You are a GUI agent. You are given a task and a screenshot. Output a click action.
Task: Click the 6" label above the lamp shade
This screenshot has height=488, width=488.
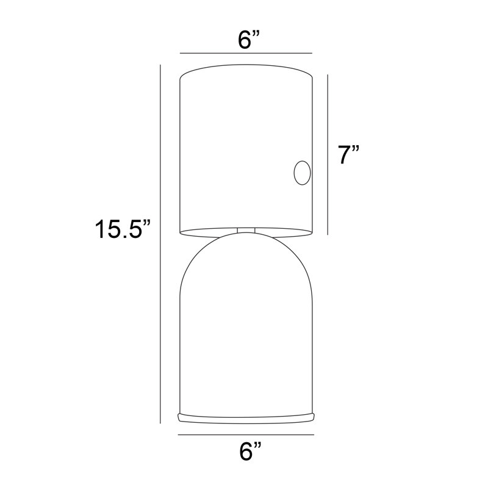pos(249,40)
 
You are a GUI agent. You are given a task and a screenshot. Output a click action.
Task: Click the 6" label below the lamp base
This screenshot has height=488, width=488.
pos(250,451)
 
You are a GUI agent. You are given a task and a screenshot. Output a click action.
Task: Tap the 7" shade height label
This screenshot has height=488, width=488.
pos(348,155)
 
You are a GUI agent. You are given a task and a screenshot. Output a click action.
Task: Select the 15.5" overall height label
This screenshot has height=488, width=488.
pos(123,229)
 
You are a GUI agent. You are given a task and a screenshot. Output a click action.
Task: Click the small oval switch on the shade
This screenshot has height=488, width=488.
pos(302,173)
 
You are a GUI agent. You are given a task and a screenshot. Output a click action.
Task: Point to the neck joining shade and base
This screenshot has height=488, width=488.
pos(246,231)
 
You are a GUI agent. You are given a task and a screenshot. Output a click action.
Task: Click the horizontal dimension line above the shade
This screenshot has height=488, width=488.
pos(246,53)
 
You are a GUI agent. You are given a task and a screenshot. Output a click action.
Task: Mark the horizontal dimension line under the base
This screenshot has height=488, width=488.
pos(246,434)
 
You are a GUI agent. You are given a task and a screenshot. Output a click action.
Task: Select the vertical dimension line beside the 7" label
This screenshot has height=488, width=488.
pos(328,155)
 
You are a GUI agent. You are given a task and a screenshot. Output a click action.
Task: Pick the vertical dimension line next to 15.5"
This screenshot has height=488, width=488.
pos(160,245)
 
